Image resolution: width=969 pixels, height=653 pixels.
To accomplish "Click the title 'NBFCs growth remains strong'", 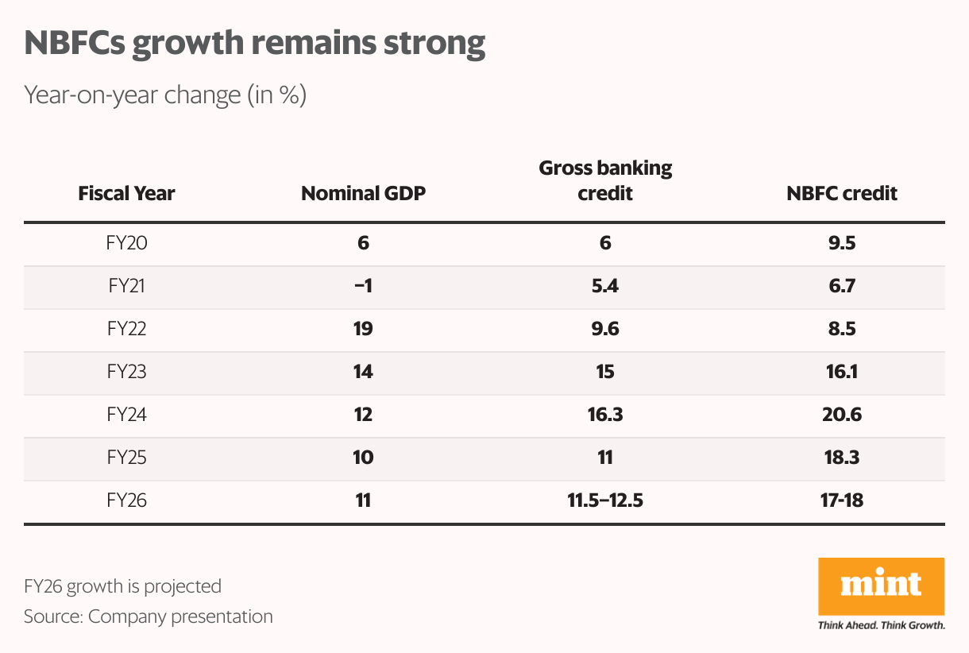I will click(x=254, y=44).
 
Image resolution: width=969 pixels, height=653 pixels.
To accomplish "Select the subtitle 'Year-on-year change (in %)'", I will click(x=165, y=95).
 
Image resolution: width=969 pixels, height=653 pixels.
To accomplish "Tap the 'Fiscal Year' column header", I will click(x=127, y=193).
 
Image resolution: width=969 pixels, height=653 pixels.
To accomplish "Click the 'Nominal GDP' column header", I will click(x=364, y=193).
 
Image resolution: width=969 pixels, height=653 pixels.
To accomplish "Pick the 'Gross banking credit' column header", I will click(x=605, y=180).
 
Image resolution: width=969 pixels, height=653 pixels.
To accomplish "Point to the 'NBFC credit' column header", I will click(x=842, y=193).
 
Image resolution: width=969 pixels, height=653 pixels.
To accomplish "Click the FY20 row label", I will click(x=127, y=243).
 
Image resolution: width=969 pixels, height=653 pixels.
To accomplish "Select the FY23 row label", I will click(x=127, y=372).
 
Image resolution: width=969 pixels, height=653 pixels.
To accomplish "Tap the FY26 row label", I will click(x=127, y=500).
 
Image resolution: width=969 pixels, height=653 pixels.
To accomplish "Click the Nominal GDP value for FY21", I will click(x=364, y=286).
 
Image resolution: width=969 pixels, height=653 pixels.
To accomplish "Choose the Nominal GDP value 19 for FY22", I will click(x=364, y=329).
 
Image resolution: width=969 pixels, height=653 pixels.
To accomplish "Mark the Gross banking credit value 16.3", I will click(x=605, y=415).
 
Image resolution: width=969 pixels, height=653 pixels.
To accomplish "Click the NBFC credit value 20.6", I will click(x=842, y=415).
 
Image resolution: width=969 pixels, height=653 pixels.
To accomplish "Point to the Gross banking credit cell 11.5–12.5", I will click(x=605, y=500).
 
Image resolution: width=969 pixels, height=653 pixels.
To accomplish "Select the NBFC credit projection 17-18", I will click(x=842, y=500).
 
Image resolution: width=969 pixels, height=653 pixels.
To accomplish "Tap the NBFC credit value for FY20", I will click(x=842, y=243).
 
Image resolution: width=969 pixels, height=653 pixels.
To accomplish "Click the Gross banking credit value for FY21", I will click(x=605, y=286).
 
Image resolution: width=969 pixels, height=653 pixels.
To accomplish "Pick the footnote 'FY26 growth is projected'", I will click(x=122, y=586).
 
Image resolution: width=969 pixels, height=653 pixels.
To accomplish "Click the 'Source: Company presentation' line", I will click(x=149, y=616).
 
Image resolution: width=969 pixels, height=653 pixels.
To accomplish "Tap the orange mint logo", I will click(x=881, y=586).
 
